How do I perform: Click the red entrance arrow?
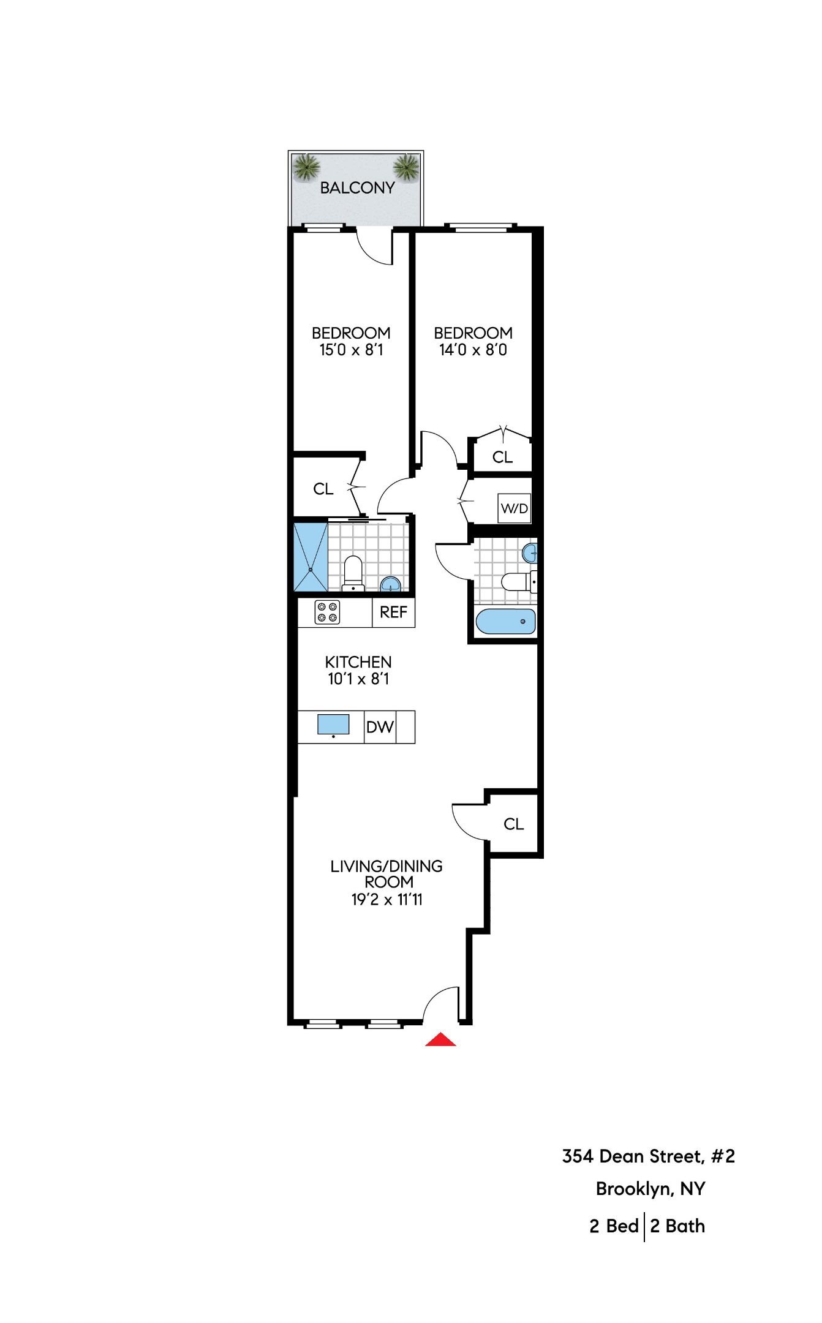tap(440, 1039)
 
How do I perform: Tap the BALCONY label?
tap(357, 188)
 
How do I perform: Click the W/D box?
tap(514, 508)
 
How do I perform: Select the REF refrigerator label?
tap(393, 612)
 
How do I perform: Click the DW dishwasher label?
tap(380, 727)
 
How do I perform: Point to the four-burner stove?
tap(327, 612)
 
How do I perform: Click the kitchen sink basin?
tap(333, 725)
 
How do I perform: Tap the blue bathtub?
tap(505, 622)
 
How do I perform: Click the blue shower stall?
tap(311, 557)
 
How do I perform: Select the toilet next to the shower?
tap(353, 572)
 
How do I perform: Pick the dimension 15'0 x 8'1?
tap(351, 350)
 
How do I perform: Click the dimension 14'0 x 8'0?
tap(473, 350)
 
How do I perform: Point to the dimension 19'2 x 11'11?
tap(386, 900)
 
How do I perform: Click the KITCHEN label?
tap(358, 662)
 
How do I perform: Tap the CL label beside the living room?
tap(513, 824)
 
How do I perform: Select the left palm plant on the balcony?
tap(306, 167)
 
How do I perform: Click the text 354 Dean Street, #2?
tap(648, 1156)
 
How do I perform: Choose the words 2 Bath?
tap(677, 1226)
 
